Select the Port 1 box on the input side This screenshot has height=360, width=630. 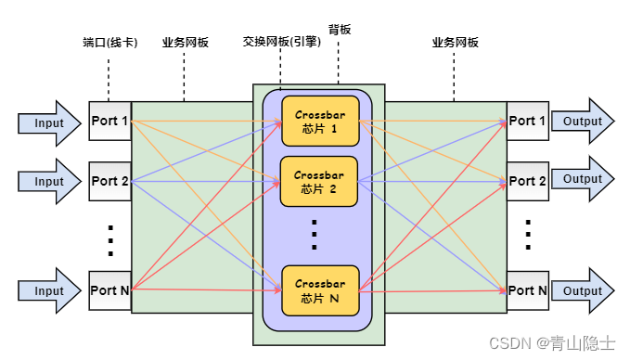[x=109, y=121]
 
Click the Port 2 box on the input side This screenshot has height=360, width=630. [x=109, y=181]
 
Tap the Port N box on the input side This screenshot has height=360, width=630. [x=109, y=290]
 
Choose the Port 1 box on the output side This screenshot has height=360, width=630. [x=527, y=121]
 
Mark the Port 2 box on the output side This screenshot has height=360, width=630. [x=527, y=181]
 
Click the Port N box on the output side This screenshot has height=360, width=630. [x=527, y=290]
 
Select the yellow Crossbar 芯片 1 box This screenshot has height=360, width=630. [x=320, y=121]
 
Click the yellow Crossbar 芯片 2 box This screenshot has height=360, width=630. [x=320, y=181]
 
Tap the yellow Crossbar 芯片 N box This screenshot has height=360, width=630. [x=320, y=290]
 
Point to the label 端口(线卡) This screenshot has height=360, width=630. [x=109, y=43]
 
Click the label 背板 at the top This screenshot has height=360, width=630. [x=339, y=30]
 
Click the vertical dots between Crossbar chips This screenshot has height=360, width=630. [x=315, y=236]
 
